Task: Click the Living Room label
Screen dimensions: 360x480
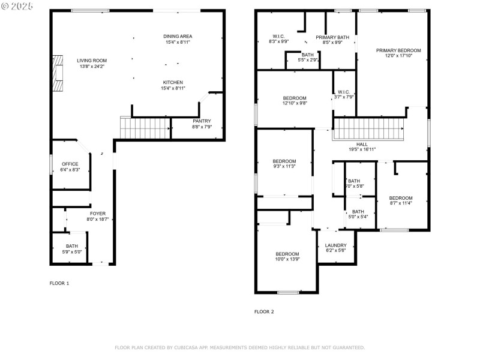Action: pos(91,60)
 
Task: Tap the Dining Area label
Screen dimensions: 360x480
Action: pos(178,37)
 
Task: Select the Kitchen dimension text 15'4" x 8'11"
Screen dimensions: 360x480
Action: pos(173,88)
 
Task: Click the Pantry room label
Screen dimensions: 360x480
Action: pos(202,121)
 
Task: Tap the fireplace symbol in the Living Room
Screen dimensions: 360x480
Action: pos(57,74)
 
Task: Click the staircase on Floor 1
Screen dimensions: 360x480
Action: pos(146,127)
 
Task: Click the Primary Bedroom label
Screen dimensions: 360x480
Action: pos(398,50)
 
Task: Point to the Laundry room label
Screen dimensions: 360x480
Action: pos(335,245)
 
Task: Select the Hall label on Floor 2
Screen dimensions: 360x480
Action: pos(362,144)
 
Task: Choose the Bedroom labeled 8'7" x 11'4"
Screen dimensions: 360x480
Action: pos(400,198)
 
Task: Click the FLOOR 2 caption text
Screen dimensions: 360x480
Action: pos(264,311)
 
